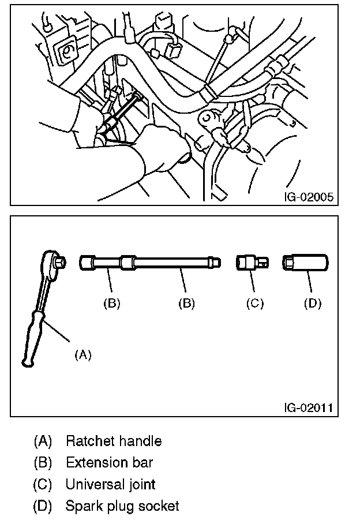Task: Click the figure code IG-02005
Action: tap(308, 196)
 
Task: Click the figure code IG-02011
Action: tap(308, 408)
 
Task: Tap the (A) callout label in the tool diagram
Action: tap(83, 355)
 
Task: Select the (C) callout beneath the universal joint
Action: tap(254, 304)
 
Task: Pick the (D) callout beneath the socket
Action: tap(312, 304)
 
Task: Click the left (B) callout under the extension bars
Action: tap(111, 304)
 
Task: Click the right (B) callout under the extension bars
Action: tap(186, 304)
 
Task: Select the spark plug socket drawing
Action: tap(306, 263)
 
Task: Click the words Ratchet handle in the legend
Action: tap(114, 441)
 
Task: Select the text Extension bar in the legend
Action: tap(110, 463)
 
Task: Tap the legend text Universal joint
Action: tap(111, 485)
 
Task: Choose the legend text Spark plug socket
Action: tap(122, 507)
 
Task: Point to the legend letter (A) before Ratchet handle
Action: tap(43, 441)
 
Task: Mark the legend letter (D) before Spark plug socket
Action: tap(43, 507)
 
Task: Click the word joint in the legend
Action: tap(141, 485)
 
